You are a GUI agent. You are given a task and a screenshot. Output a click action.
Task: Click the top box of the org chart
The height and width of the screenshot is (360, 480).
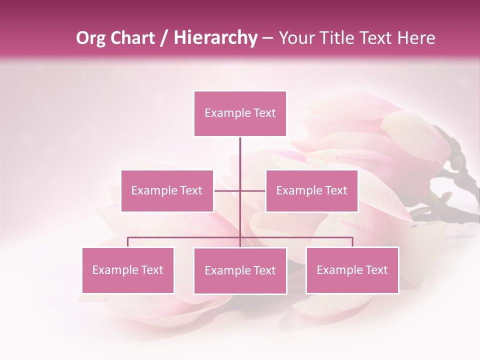pos(240,113)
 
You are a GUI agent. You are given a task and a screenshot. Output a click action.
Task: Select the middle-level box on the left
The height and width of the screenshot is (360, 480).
pos(167,190)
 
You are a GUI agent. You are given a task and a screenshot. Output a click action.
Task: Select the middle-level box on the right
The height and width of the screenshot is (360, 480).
pos(311,190)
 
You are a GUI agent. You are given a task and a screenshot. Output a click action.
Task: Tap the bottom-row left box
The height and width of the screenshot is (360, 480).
pos(128,270)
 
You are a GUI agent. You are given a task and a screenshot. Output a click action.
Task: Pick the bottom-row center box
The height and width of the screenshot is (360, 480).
pos(240,270)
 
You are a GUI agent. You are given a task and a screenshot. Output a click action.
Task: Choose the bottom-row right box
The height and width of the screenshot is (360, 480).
pos(352,270)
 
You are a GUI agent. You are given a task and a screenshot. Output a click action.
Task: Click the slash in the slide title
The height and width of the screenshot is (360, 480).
pos(164,38)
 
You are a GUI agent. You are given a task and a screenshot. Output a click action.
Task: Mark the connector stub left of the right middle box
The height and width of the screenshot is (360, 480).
pos(253,190)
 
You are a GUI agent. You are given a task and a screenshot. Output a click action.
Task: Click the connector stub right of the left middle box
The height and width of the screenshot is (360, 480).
pos(226,190)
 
